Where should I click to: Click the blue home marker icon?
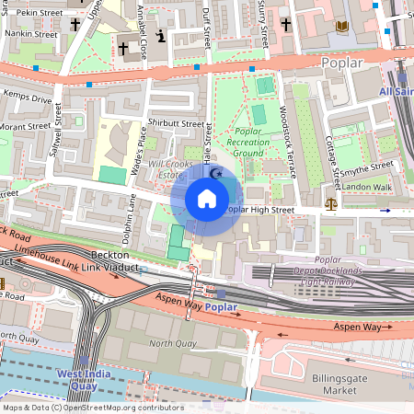click(x=207, y=198)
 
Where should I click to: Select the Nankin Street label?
click(x=27, y=32)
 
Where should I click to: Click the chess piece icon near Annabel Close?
click(x=161, y=36)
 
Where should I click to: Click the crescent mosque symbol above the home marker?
click(x=217, y=172)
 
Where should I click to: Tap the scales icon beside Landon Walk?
click(x=331, y=199)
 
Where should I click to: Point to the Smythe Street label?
click(x=368, y=166)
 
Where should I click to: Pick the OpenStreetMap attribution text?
click(x=92, y=407)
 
